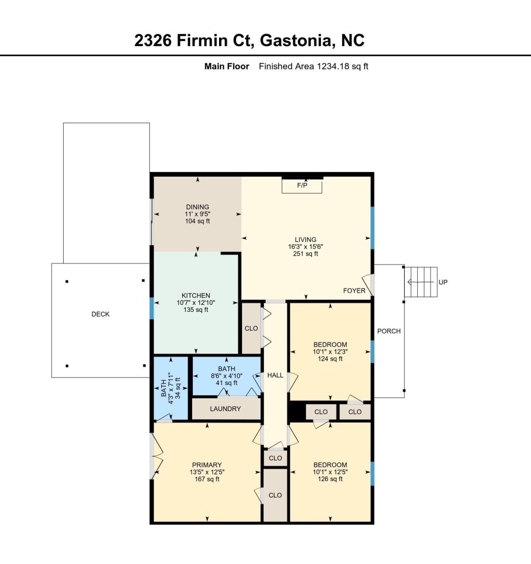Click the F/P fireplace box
[x=302, y=186]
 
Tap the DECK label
[x=100, y=314]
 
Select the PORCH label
[x=389, y=331]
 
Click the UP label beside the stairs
[x=443, y=282]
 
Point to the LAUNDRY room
[x=226, y=408]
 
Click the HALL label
[x=275, y=375]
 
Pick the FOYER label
[x=354, y=291]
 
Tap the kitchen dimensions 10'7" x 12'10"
[x=196, y=303]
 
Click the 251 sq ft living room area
[x=305, y=253]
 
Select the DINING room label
[x=197, y=207]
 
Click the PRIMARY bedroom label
[x=207, y=465]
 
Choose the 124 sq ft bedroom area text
[x=330, y=359]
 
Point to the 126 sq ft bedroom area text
[x=330, y=479]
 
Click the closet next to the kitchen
[x=251, y=328]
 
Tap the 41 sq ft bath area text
[x=227, y=383]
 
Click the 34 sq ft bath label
[x=177, y=388]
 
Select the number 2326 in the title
[x=153, y=40]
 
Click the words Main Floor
[x=227, y=66]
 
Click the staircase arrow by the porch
[x=421, y=282]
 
